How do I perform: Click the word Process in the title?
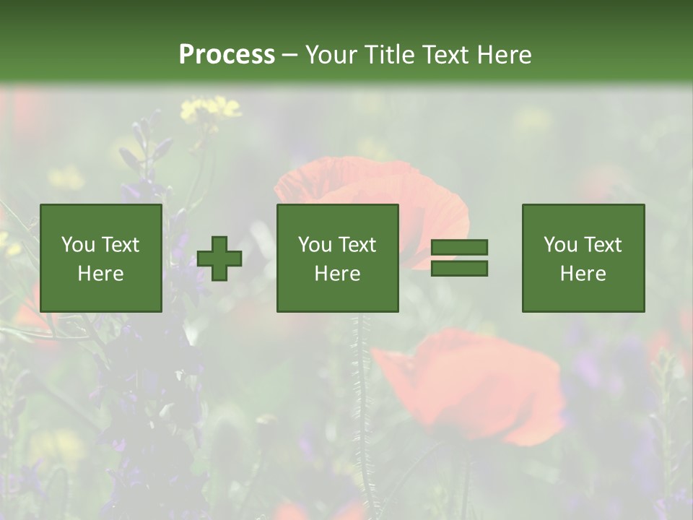tap(227, 54)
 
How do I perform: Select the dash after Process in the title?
tap(289, 55)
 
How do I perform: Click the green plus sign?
tap(219, 259)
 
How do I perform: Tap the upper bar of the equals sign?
tap(459, 247)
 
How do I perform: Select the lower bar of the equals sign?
tap(459, 269)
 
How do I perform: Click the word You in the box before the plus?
tap(79, 244)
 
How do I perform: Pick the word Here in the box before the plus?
tap(100, 273)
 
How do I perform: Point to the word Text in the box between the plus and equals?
tap(357, 244)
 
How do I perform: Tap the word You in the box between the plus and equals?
tap(315, 244)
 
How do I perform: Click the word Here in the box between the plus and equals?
tap(337, 273)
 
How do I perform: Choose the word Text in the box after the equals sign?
tap(603, 244)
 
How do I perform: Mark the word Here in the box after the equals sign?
tap(583, 273)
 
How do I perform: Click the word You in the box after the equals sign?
tap(561, 244)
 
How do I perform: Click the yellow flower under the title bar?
tap(209, 109)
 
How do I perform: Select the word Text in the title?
tap(441, 54)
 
